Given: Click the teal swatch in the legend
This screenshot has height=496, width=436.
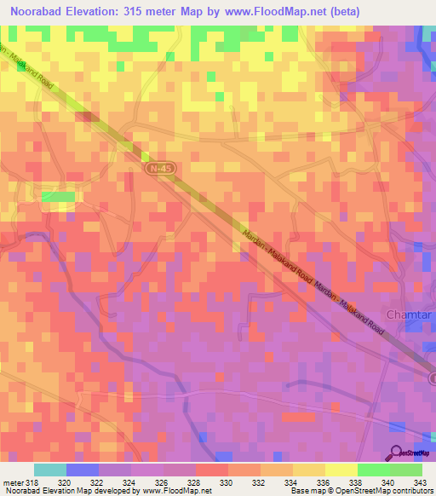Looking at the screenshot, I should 50,470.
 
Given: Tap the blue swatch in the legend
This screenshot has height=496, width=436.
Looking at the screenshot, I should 83,470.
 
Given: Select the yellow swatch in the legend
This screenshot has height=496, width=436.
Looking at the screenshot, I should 341,470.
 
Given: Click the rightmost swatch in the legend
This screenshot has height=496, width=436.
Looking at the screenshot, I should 405,470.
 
